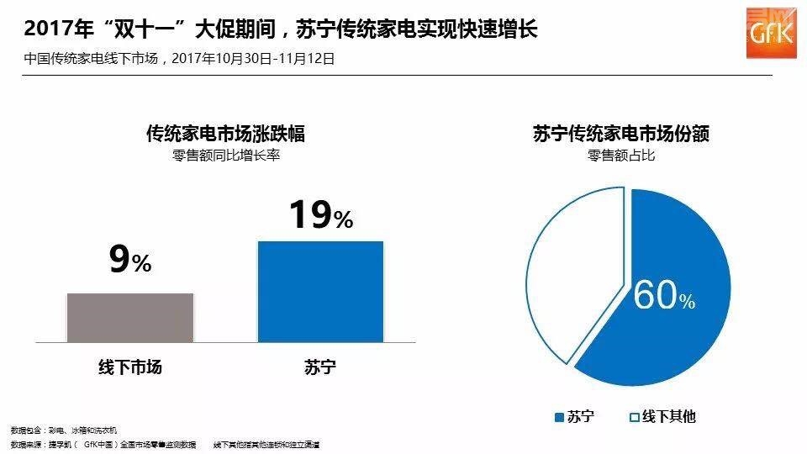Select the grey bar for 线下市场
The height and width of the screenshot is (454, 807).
[x=130, y=317]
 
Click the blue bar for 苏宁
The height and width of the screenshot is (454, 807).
[x=320, y=291]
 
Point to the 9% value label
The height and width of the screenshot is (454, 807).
[x=130, y=262]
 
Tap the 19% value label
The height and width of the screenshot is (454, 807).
[x=320, y=216]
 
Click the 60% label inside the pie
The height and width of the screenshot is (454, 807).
[x=663, y=295]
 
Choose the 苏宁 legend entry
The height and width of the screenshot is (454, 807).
[x=575, y=416]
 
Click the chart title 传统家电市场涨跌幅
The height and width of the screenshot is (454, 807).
[x=225, y=134]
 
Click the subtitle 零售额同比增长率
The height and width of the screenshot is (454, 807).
[x=225, y=156]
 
